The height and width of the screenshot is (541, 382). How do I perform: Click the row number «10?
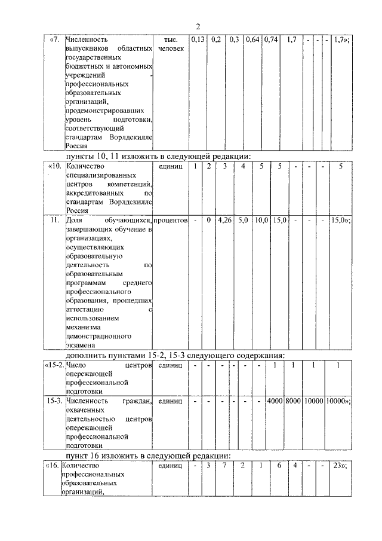click(54, 166)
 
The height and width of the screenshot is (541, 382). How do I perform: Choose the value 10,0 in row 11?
click(261, 221)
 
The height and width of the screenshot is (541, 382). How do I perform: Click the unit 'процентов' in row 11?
click(171, 221)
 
